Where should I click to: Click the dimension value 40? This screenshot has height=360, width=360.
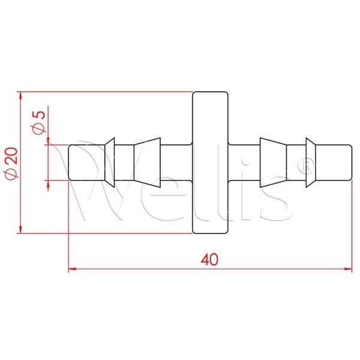(209, 259)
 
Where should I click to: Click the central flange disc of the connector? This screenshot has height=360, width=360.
(210, 162)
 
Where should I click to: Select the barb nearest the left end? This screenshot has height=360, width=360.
(110, 162)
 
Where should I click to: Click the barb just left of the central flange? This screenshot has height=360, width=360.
(147, 162)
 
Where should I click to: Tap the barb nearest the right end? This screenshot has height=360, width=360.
(310, 162)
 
